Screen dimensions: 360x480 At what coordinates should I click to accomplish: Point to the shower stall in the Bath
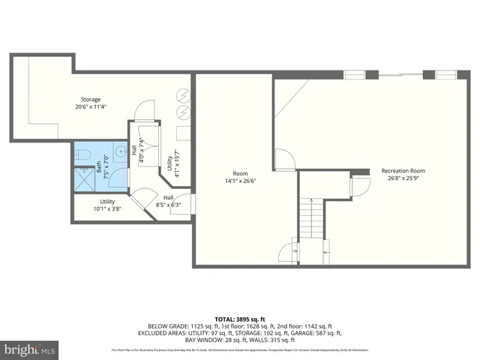click(x=84, y=178)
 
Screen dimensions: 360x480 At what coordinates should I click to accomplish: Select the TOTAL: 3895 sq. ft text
click(x=239, y=318)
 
